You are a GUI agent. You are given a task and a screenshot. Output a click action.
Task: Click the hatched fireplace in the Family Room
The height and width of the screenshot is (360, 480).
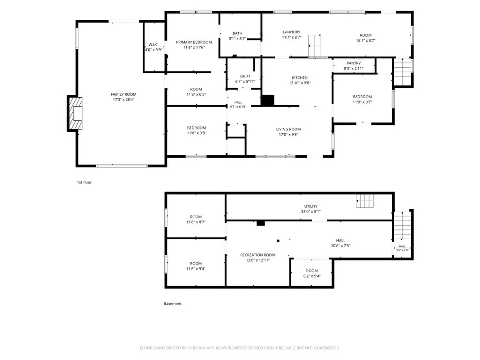point(76,113)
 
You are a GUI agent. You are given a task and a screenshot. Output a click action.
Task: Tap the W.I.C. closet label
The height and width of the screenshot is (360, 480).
point(153,45)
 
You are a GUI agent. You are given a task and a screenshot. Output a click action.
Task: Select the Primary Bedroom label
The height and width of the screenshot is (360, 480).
point(194,42)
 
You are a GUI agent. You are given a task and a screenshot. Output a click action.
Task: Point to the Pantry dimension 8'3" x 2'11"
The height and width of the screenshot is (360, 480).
point(353,68)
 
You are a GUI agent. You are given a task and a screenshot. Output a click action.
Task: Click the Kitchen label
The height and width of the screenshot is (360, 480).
point(300,78)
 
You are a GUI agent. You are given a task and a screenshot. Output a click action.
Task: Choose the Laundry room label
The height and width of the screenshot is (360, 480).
point(291,32)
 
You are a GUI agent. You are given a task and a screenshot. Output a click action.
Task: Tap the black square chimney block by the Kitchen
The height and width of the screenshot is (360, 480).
point(268,100)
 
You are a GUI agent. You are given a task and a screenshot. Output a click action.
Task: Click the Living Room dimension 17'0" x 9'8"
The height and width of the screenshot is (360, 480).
point(288,134)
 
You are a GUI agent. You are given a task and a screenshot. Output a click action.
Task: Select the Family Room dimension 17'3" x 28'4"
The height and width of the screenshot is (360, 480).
point(123,99)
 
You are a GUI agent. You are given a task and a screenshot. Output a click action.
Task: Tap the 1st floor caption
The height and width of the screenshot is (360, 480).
point(84,182)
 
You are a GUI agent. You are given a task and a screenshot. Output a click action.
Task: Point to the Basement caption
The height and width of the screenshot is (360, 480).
point(173,304)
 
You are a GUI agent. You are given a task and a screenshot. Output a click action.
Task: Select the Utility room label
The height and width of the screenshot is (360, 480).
point(311,206)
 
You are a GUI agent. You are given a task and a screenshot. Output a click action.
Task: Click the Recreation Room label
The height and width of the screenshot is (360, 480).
point(258,255)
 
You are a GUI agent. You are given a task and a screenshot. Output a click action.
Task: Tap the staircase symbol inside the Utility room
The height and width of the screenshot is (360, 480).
point(365,201)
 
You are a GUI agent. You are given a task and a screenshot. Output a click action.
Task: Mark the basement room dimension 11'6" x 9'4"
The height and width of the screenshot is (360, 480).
point(196,269)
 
